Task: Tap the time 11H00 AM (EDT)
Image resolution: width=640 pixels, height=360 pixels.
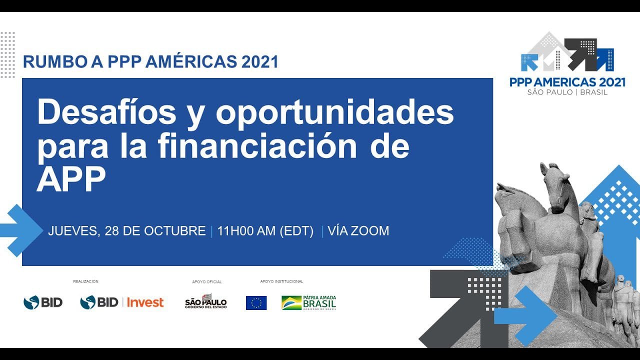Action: pyautogui.click(x=265, y=231)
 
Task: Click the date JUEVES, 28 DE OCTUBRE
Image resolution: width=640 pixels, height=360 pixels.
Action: pyautogui.click(x=126, y=231)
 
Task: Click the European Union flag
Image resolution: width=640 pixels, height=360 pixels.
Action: pyautogui.click(x=256, y=303)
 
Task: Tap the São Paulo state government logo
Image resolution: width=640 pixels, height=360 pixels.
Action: pyautogui.click(x=206, y=301)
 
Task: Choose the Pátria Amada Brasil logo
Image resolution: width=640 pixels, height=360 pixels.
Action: pyautogui.click(x=308, y=302)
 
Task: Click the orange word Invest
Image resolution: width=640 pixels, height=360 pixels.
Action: pyautogui.click(x=145, y=302)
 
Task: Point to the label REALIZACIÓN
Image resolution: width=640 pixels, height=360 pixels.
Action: pyautogui.click(x=86, y=281)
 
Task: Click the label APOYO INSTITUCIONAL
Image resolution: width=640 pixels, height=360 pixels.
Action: pyautogui.click(x=281, y=281)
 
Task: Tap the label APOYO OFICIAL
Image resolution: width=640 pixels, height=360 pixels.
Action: pyautogui.click(x=206, y=282)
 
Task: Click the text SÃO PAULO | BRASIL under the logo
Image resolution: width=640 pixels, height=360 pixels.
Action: pyautogui.click(x=567, y=92)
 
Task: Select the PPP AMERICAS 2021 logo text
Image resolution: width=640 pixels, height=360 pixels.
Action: pyautogui.click(x=567, y=82)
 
